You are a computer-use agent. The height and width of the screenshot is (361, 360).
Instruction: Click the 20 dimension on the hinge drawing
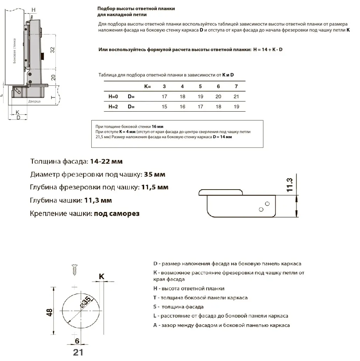click(53, 77)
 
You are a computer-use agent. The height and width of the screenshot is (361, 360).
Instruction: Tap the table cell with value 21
click(236, 97)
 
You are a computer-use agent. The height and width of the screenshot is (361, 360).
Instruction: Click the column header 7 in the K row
click(236, 86)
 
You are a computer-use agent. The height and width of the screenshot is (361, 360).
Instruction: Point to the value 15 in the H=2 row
click(164, 107)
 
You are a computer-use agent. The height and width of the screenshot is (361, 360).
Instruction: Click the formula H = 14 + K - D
click(268, 49)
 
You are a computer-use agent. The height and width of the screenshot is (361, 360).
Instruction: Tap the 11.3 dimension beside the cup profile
click(289, 184)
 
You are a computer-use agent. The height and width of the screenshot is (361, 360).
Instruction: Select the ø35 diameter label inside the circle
click(86, 302)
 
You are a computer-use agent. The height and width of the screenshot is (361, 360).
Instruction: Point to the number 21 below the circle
click(78, 352)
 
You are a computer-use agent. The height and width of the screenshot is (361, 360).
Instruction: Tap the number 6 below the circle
click(77, 341)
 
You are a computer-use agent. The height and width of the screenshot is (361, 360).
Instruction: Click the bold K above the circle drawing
click(101, 276)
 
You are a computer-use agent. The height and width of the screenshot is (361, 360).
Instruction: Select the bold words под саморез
click(117, 213)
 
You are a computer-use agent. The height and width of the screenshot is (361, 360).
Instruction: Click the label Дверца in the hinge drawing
click(35, 101)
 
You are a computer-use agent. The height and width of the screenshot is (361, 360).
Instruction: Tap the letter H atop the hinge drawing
click(34, 9)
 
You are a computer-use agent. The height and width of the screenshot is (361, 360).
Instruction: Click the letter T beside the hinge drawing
click(52, 97)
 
